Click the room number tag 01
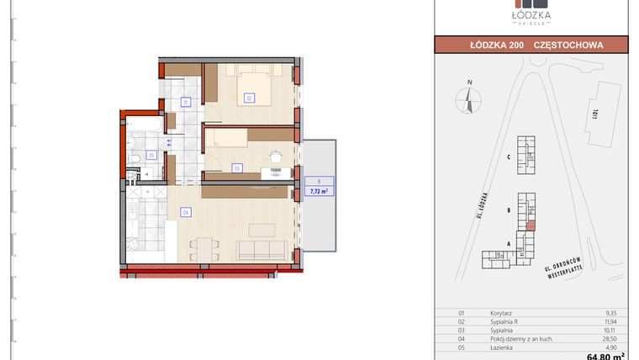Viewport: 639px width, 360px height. coord(186,103)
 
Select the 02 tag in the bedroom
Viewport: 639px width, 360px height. coord(250,98)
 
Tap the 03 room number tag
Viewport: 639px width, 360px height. coord(238,168)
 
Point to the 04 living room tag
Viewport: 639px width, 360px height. coord(185,213)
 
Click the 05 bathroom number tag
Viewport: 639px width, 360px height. coord(151,155)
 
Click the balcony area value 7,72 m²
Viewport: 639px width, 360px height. coord(319,191)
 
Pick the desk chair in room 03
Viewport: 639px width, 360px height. coord(274,157)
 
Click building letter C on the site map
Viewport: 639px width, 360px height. coord(510,156)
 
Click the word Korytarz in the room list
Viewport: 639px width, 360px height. coord(501,312)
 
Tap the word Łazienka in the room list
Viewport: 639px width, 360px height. coord(502,345)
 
